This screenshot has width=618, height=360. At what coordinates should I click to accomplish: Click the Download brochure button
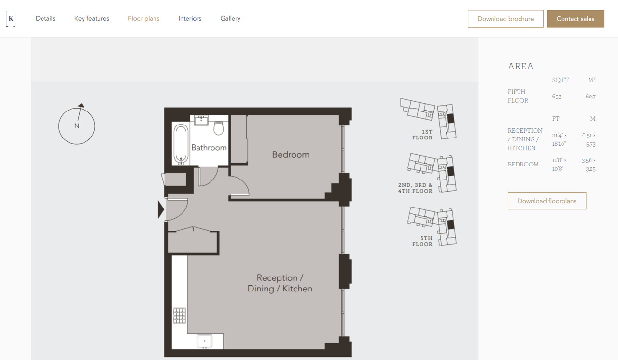pyautogui.click(x=506, y=19)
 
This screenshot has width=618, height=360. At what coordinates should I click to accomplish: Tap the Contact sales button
pyautogui.click(x=576, y=19)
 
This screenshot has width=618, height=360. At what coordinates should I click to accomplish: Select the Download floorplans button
pyautogui.click(x=547, y=201)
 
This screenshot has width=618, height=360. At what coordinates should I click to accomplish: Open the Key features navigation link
pyautogui.click(x=92, y=18)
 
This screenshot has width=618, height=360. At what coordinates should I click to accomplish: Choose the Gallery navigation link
pyautogui.click(x=230, y=18)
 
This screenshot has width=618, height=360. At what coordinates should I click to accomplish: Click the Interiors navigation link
pyautogui.click(x=190, y=18)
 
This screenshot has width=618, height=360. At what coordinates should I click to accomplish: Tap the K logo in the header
pyautogui.click(x=11, y=18)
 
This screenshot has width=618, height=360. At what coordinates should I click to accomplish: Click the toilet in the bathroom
pyautogui.click(x=219, y=128)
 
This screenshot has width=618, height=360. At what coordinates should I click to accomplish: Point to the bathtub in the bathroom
pyautogui.click(x=181, y=144)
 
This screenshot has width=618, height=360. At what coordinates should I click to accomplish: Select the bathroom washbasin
pyautogui.click(x=201, y=120)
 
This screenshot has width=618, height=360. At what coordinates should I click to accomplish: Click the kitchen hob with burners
pyautogui.click(x=179, y=315)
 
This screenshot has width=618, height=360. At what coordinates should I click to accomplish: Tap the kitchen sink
pyautogui.click(x=204, y=341)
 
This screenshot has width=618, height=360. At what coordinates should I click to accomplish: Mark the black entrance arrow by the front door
pyautogui.click(x=161, y=210)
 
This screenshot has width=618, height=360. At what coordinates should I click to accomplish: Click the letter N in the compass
pyautogui.click(x=77, y=125)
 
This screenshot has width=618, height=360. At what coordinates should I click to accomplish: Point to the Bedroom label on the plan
pyautogui.click(x=291, y=154)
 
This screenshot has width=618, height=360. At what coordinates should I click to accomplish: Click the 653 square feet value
pyautogui.click(x=557, y=97)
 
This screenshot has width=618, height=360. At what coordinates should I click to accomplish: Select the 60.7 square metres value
pyautogui.click(x=590, y=97)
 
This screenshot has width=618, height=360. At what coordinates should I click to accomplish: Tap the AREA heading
pyautogui.click(x=520, y=66)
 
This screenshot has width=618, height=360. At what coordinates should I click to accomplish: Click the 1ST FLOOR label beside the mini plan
pyautogui.click(x=422, y=135)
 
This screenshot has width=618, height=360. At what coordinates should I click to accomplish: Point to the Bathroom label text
pyautogui.click(x=209, y=148)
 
